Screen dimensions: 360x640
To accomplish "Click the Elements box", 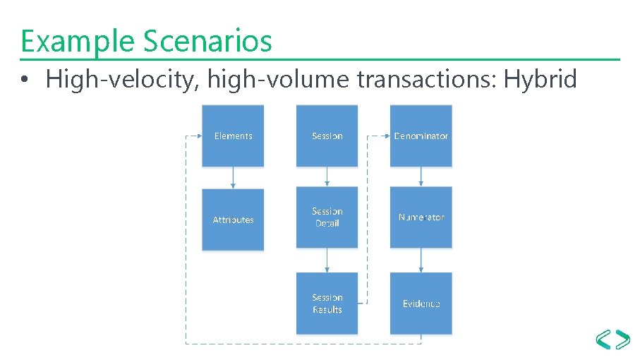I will (233, 136).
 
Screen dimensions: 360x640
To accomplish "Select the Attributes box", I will (233, 220).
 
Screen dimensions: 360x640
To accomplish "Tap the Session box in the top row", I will (327, 136).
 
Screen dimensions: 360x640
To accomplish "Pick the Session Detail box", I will (327, 217).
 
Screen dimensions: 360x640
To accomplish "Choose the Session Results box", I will (327, 304).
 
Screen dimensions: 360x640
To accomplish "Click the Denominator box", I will (421, 136).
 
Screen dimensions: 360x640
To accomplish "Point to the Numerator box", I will (421, 217).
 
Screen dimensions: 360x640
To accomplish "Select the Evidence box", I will (421, 304).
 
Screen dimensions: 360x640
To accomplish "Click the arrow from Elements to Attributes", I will (233, 178).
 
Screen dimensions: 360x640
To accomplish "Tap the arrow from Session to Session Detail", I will (327, 177).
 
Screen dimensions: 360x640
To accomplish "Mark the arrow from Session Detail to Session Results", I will (327, 260).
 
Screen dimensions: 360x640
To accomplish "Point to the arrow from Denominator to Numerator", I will (421, 176).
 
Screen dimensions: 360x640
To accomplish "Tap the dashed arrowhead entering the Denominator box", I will (386, 136).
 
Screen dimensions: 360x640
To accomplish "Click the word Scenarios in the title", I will (207, 41).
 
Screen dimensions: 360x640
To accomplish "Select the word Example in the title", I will (78, 41).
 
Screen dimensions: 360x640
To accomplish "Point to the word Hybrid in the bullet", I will (542, 79).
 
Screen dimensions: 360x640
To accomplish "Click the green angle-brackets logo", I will (612, 340).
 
